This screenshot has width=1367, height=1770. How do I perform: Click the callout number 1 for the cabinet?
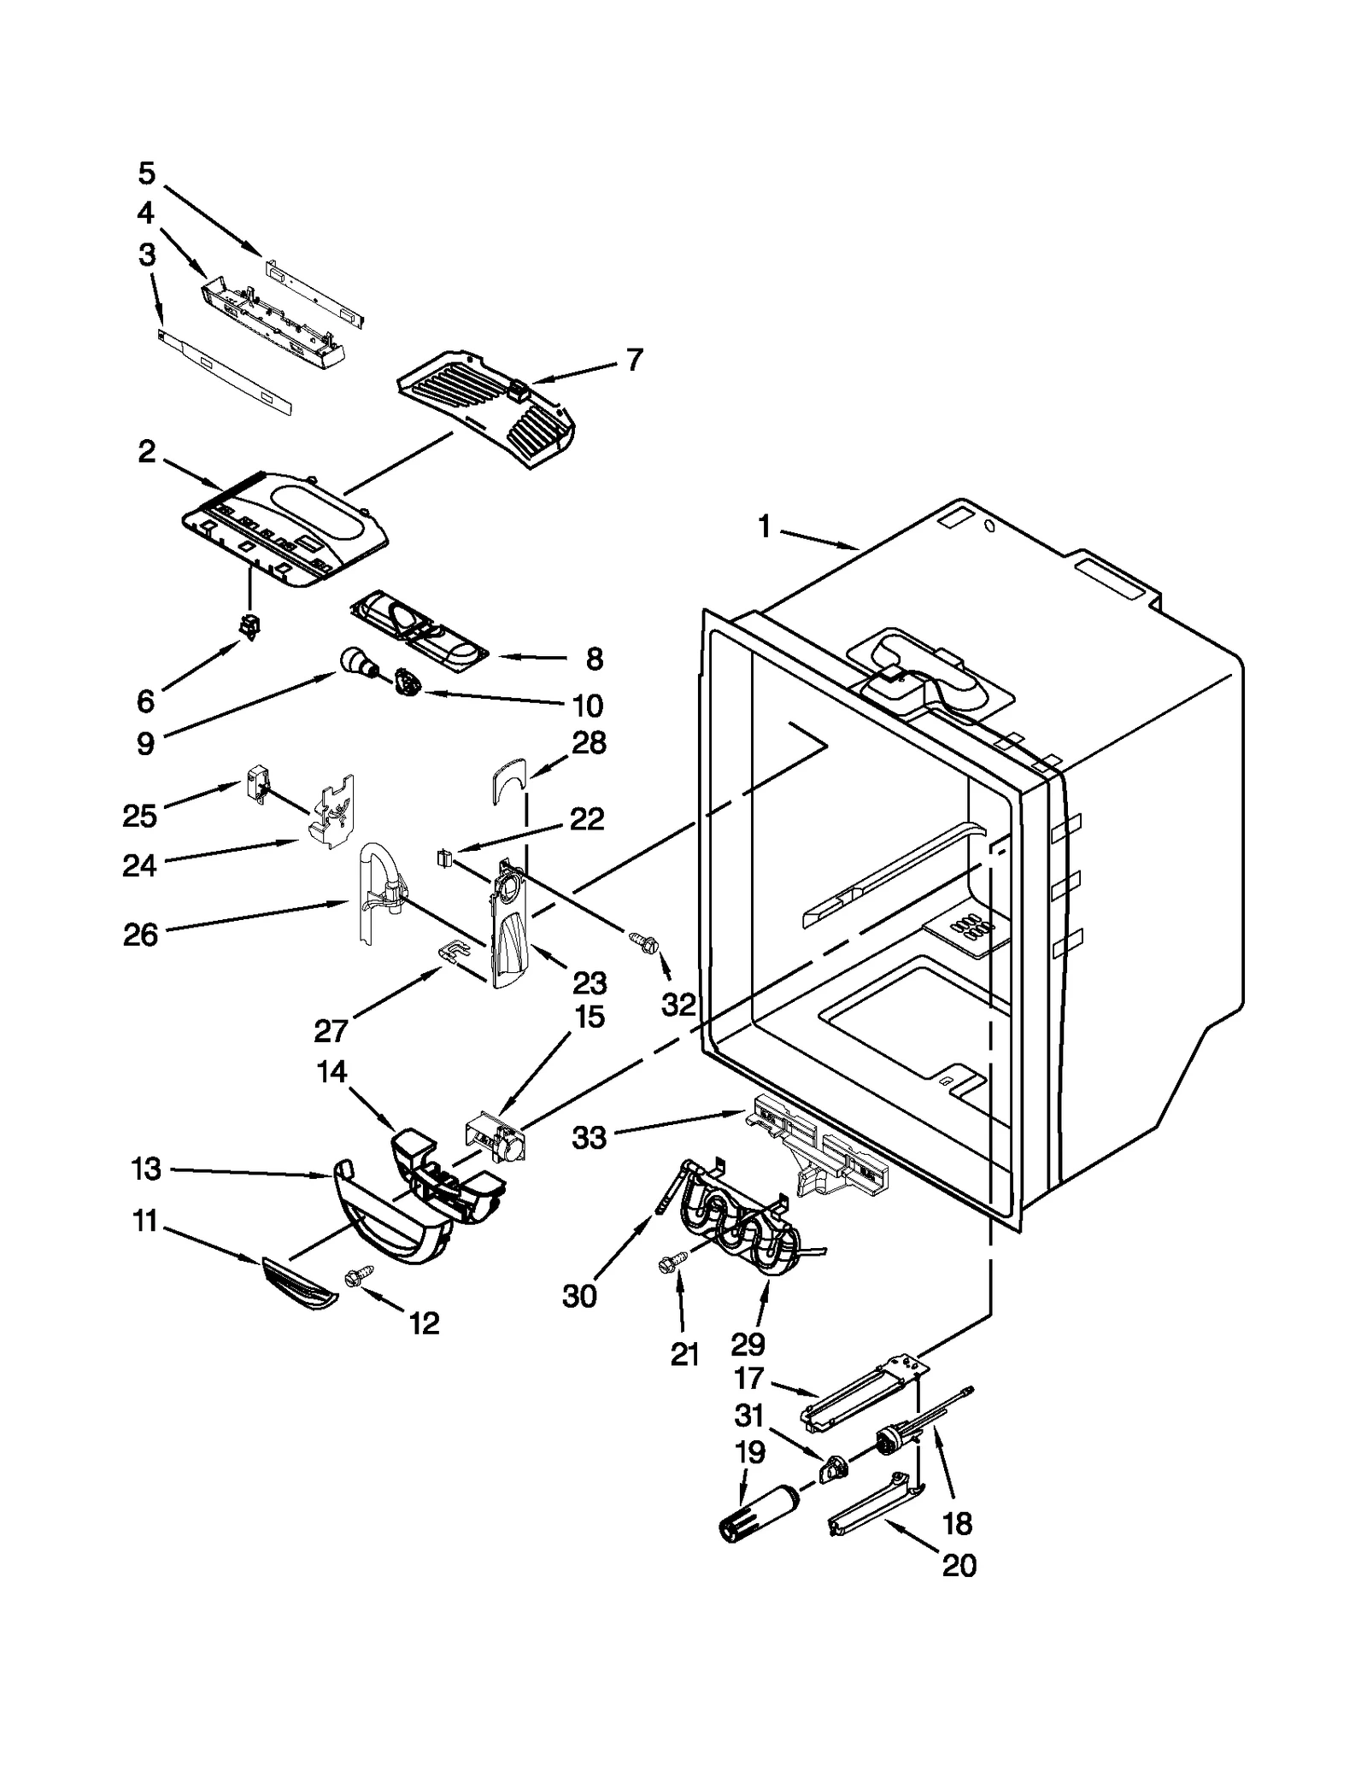pyautogui.click(x=764, y=528)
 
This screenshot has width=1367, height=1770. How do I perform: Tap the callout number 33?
pyautogui.click(x=589, y=1138)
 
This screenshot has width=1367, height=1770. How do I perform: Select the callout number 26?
pyautogui.click(x=140, y=935)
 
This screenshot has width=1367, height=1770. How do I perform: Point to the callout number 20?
pyautogui.click(x=959, y=1566)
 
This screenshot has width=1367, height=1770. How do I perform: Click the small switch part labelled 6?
pyautogui.click(x=249, y=627)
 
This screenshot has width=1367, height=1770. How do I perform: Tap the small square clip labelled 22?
pyautogui.click(x=443, y=857)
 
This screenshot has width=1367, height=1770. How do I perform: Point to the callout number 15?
pyautogui.click(x=589, y=1017)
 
